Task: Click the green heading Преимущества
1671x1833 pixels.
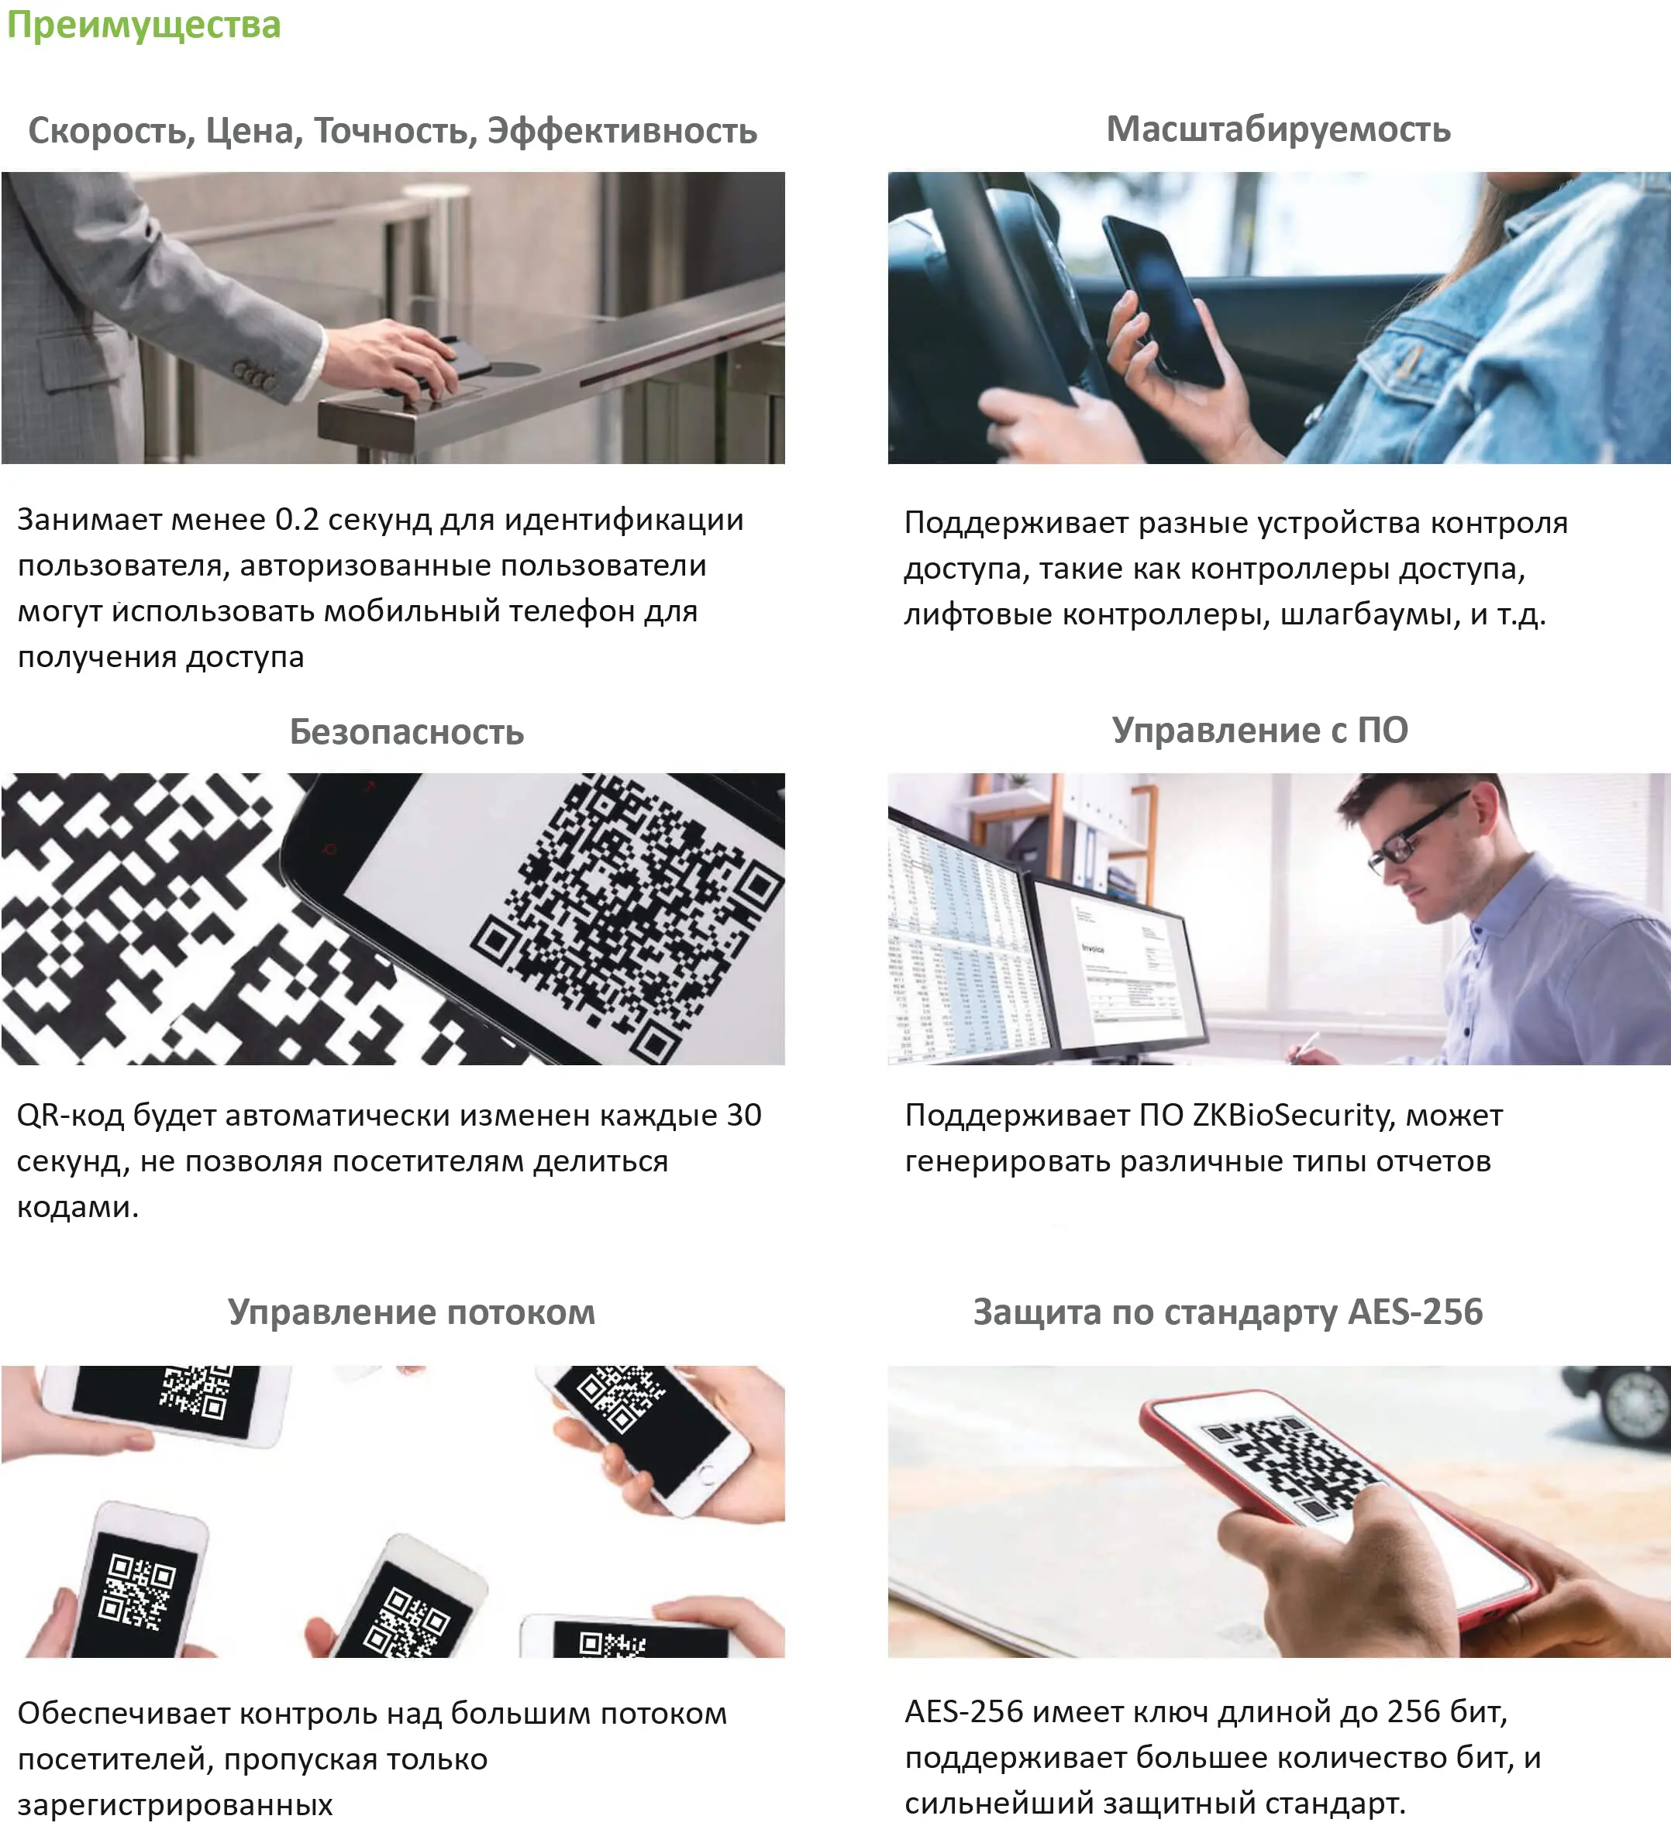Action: (143, 26)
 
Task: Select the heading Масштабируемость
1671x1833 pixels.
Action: (1278, 130)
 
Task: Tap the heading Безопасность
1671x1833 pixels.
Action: (407, 731)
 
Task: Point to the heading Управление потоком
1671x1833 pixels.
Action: (411, 1312)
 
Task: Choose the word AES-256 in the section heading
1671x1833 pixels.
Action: (1415, 1312)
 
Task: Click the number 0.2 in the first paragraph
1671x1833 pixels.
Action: (297, 519)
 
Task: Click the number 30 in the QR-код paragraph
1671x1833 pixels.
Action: (744, 1115)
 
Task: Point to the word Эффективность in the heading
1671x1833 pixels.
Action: (622, 131)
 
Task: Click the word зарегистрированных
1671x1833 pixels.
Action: (174, 1805)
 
